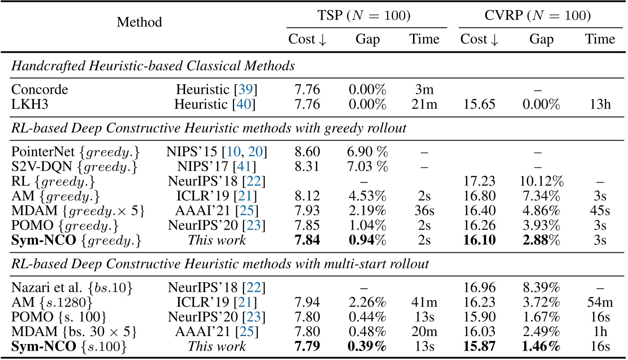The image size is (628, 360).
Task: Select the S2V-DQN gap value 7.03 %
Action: pyautogui.click(x=363, y=164)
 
